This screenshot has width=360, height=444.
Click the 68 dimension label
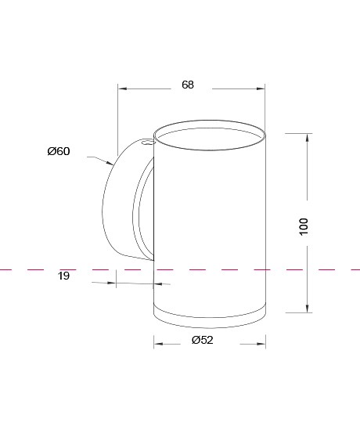pyautogui.click(x=188, y=85)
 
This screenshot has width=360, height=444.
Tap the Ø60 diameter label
pyautogui.click(x=59, y=151)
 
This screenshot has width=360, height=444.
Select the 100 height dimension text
pyautogui.click(x=304, y=226)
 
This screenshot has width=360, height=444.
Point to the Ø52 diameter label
pyautogui.click(x=203, y=340)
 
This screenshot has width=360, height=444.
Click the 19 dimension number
pyautogui.click(x=63, y=276)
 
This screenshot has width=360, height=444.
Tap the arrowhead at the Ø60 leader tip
pyautogui.click(x=110, y=163)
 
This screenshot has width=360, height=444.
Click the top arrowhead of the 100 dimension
pyautogui.click(x=308, y=138)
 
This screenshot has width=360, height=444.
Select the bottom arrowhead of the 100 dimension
pyautogui.click(x=308, y=309)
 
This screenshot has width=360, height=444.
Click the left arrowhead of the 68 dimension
pyautogui.click(x=122, y=88)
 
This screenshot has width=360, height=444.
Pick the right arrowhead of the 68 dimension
pyautogui.click(x=261, y=88)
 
